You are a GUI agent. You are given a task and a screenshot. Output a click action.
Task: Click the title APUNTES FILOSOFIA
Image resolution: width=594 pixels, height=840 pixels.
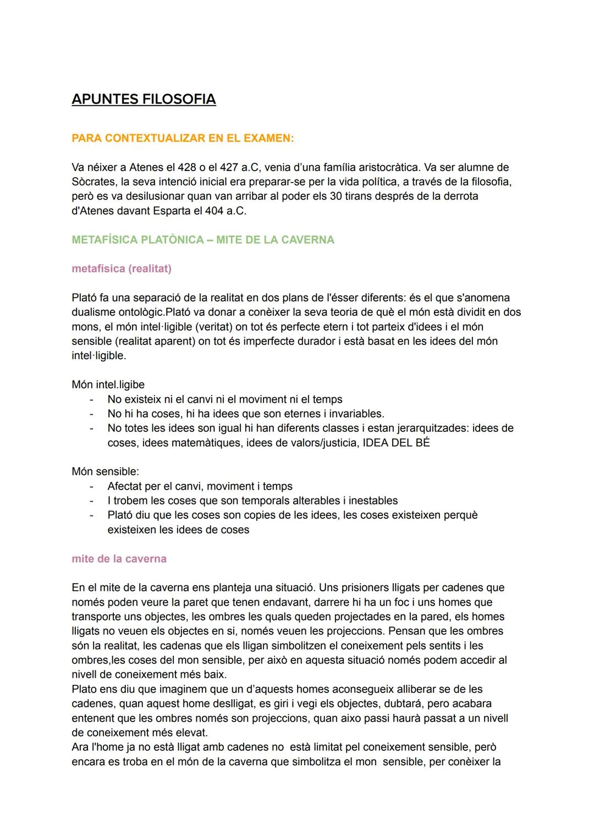point(144,100)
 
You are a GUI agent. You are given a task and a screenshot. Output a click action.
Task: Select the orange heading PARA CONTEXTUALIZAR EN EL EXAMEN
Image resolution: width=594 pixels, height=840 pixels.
point(183,139)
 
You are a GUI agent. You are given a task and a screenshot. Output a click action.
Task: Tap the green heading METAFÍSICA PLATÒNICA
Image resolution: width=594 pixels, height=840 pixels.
point(203,240)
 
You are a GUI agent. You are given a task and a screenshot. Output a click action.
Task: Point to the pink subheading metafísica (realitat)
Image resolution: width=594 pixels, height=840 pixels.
point(122,268)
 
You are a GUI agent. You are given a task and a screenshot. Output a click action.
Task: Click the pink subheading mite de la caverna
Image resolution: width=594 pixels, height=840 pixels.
point(119,559)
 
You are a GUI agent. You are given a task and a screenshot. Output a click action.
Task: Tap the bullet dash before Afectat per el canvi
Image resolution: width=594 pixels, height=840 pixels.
point(92,486)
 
